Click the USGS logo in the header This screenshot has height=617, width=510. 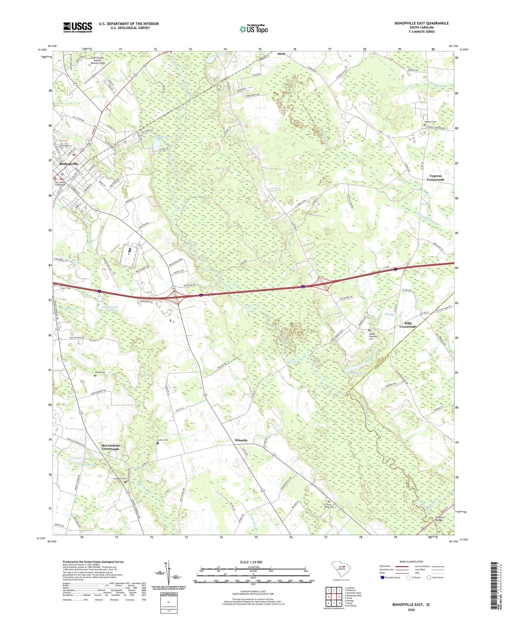[78, 27]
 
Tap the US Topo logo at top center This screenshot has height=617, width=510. [253, 29]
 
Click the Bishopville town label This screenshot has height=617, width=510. [69, 164]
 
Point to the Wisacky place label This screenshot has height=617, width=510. [241, 440]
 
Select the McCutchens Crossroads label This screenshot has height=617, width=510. [110, 447]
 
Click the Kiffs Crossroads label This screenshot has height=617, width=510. [408, 325]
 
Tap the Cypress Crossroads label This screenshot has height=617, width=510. [436, 178]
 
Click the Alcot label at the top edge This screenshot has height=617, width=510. [281, 54]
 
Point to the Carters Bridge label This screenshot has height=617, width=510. [439, 519]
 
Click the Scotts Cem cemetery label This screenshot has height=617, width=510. [163, 440]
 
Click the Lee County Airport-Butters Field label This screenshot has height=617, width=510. [98, 60]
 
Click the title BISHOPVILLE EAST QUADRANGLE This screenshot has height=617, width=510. [421, 23]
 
